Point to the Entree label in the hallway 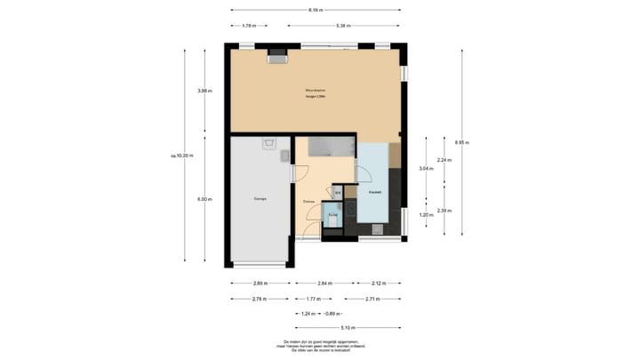click(x=309, y=202)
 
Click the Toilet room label click(x=332, y=214)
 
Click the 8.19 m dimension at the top click(x=315, y=11)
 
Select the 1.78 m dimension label click(x=249, y=26)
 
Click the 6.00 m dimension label click(x=204, y=199)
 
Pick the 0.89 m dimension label click(x=330, y=314)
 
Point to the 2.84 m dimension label click(x=325, y=284)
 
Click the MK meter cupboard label click(x=337, y=190)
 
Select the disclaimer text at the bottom click(x=320, y=346)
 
